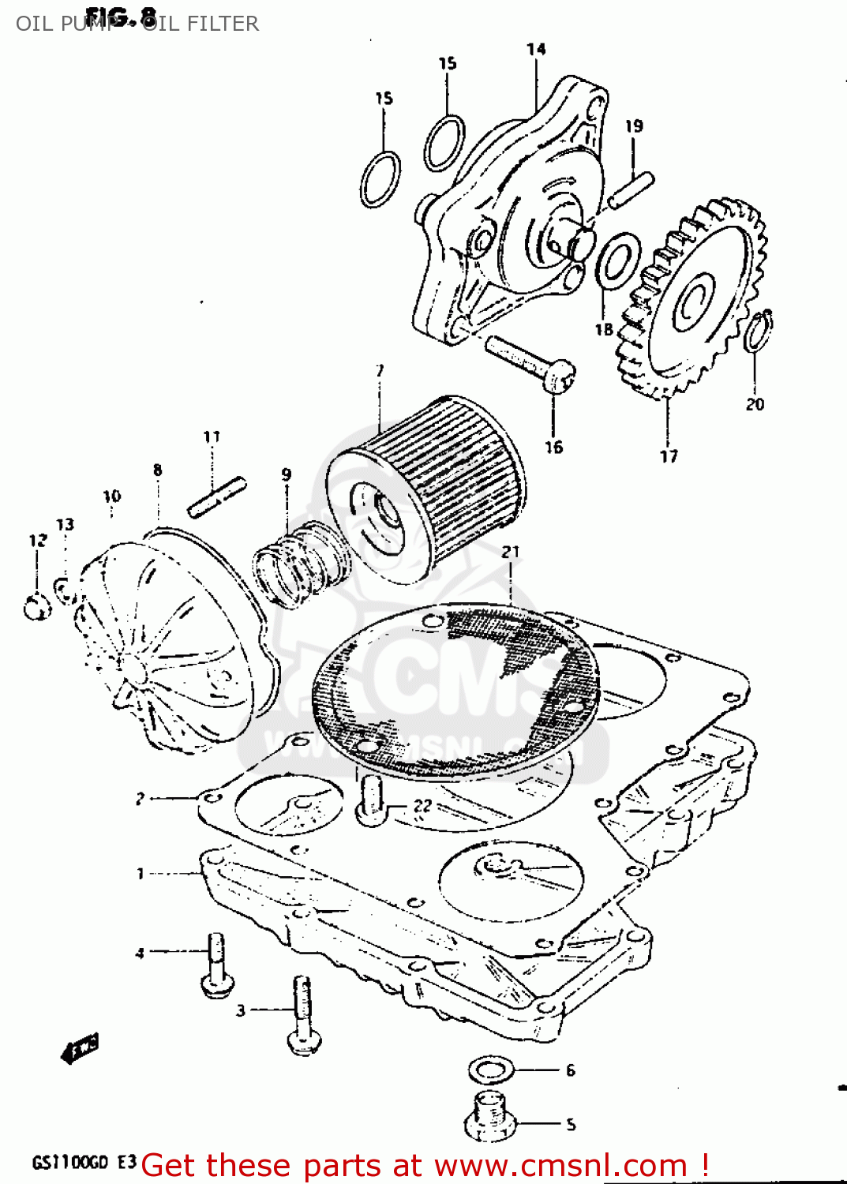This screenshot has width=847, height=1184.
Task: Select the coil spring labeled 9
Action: pyautogui.click(x=300, y=564)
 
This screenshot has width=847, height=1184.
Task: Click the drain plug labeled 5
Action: pyautogui.click(x=490, y=1116)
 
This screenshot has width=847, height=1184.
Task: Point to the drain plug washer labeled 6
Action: pyautogui.click(x=491, y=1070)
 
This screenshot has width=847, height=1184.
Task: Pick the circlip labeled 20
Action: pyautogui.click(x=759, y=330)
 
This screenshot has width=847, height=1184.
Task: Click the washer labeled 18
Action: pyautogui.click(x=617, y=261)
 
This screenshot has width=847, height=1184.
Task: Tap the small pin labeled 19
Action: pyautogui.click(x=632, y=191)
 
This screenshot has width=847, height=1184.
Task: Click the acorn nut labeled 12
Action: pyautogui.click(x=36, y=607)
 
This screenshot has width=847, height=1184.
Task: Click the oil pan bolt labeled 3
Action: pyautogui.click(x=302, y=1014)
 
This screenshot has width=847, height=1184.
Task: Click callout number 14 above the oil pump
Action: pyautogui.click(x=536, y=50)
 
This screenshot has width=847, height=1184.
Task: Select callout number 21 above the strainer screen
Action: pyautogui.click(x=511, y=552)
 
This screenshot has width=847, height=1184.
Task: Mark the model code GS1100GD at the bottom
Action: pyautogui.click(x=69, y=1163)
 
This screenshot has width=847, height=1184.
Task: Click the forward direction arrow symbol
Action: pyautogui.click(x=79, y=1048)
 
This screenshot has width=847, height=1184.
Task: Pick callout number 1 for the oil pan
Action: pyautogui.click(x=141, y=874)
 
